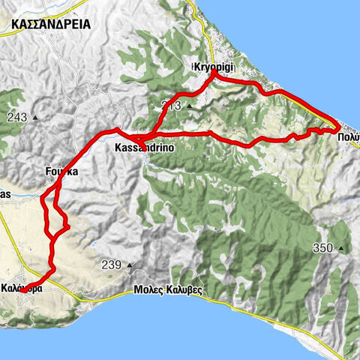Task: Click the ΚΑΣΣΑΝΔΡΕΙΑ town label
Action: (51, 24)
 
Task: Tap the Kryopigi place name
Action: (214, 67)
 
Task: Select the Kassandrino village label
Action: (145, 148)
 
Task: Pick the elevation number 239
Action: (111, 264)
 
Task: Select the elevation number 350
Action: (324, 248)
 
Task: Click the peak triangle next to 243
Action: (35, 118)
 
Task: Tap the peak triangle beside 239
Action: (129, 265)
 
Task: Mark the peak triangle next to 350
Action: (341, 249)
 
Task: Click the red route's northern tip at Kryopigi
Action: (214, 73)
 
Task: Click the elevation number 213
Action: (172, 105)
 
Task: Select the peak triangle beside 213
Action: (190, 106)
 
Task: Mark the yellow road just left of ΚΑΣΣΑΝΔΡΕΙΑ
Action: (3, 27)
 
